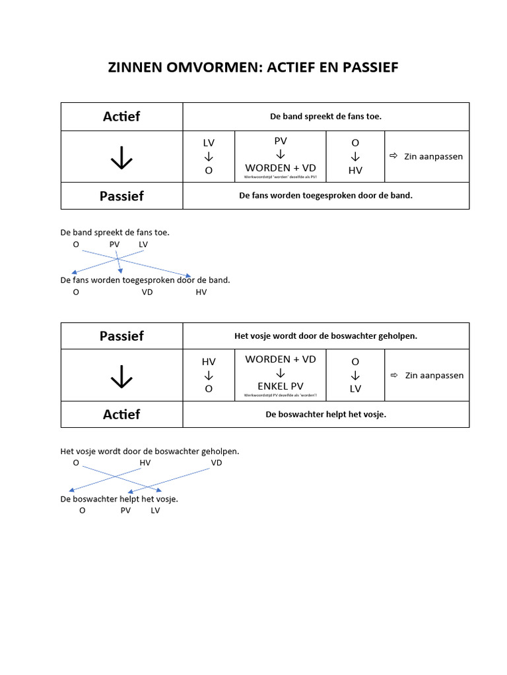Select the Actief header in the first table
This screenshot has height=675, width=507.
[121, 117]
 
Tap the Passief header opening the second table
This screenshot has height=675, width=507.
[121, 336]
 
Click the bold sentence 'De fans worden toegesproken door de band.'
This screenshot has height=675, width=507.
[325, 195]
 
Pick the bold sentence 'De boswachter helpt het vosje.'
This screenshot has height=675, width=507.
[325, 414]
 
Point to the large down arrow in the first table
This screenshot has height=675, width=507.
[121, 157]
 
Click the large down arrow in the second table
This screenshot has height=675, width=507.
[121, 376]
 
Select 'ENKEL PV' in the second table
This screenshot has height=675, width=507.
[281, 386]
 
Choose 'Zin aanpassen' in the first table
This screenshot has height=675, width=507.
[433, 156]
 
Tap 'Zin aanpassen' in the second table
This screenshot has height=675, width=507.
[434, 375]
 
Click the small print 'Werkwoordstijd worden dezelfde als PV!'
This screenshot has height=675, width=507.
[281, 177]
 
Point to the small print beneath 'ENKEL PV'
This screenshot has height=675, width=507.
[281, 396]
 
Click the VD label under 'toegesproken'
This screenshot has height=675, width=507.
[147, 292]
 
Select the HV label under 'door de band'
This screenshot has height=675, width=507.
[201, 292]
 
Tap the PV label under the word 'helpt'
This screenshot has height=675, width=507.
[125, 510]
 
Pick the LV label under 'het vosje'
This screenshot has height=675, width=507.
[156, 510]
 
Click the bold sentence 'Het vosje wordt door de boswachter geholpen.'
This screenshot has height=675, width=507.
[325, 336]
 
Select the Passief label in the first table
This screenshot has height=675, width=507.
[121, 196]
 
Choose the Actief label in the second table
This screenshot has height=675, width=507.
[121, 414]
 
